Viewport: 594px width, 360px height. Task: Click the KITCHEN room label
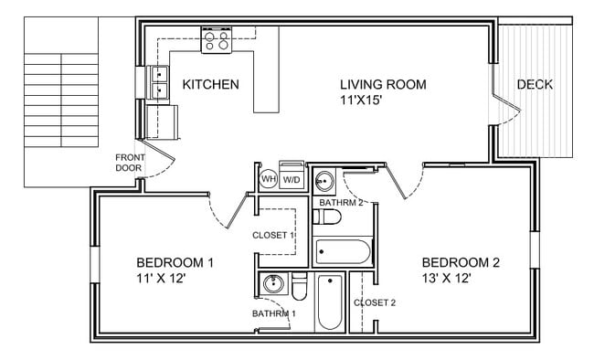pos(210,85)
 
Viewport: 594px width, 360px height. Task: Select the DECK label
pos(535,85)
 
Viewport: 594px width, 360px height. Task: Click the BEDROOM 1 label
pos(175,263)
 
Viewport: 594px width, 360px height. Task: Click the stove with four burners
pos(217,39)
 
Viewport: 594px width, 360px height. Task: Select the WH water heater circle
pos(269,179)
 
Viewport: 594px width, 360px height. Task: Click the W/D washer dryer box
pos(292,179)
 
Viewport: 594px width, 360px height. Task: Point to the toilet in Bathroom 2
pos(326,217)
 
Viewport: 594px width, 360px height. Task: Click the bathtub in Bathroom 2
pos(342,251)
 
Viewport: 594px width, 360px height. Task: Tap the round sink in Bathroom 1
pos(270,285)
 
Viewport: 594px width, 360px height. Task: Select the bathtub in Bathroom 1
pos(329,302)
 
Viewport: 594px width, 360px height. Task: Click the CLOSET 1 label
pos(274,236)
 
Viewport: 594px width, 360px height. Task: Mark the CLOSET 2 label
pos(375,302)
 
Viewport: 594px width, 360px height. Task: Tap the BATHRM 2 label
pos(341,202)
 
